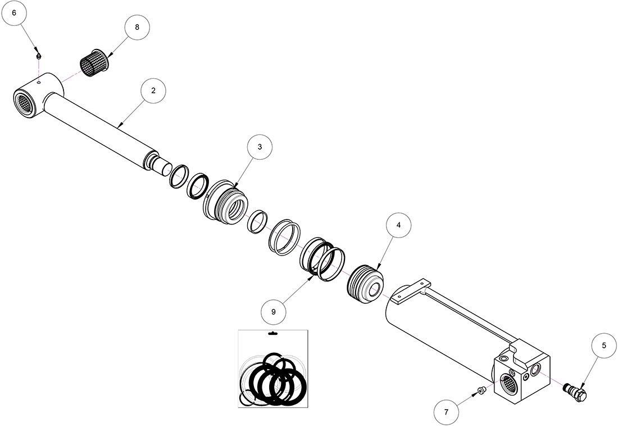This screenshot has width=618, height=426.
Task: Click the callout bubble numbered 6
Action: click(x=14, y=13)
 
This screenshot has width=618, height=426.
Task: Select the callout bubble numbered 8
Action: click(x=137, y=27)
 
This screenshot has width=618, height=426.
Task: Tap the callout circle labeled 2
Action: click(x=153, y=91)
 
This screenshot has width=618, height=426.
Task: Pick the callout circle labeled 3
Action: click(x=260, y=147)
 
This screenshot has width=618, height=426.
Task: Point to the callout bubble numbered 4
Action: click(x=398, y=225)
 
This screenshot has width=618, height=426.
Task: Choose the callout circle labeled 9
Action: click(x=274, y=312)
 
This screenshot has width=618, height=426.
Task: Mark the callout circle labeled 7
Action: click(x=446, y=412)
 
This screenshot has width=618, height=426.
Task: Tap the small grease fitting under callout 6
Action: click(x=39, y=56)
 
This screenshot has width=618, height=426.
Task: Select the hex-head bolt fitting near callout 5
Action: click(x=576, y=391)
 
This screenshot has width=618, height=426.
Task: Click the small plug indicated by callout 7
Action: click(x=481, y=391)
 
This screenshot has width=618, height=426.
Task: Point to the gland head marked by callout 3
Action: click(x=226, y=202)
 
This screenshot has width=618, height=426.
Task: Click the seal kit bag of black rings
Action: click(x=272, y=369)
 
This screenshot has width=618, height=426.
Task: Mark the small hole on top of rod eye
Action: click(x=39, y=83)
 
